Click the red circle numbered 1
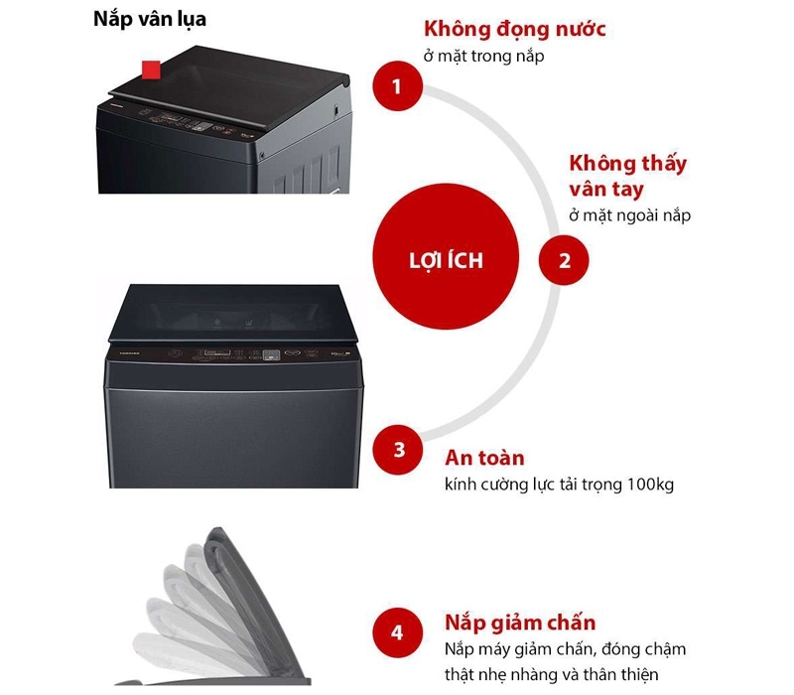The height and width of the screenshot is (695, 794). pos(397,86)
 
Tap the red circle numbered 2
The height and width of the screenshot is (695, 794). pos(565,262)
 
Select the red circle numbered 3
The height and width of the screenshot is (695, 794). pos(399,449)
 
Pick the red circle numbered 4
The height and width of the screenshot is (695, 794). pos(397,632)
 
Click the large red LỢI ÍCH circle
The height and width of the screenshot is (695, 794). pos(446,260)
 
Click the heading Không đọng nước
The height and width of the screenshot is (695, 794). pos(514,30)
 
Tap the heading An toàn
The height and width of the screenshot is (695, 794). pos(484,459)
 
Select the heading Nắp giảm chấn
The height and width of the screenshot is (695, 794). pos(520,623)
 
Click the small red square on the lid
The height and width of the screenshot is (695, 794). pos(151,69)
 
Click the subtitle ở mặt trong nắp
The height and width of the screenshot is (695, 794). pos(483,57)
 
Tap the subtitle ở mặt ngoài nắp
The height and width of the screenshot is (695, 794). pos(629,215)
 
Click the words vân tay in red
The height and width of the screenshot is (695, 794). pos(605,189)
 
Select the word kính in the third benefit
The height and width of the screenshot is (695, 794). pos(461,485)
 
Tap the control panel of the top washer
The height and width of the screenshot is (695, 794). pos(198,123)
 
